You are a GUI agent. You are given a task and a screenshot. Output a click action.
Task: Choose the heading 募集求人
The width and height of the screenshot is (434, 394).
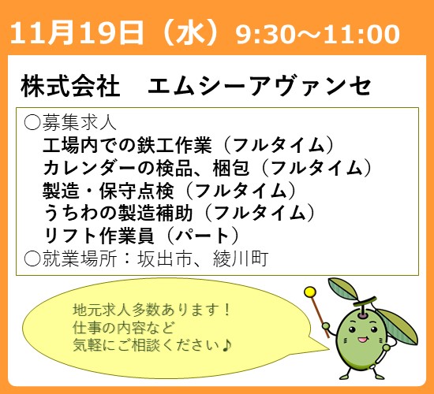[x=80, y=123]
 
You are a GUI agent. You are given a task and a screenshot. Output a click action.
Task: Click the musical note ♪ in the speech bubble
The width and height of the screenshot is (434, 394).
[x=228, y=345]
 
